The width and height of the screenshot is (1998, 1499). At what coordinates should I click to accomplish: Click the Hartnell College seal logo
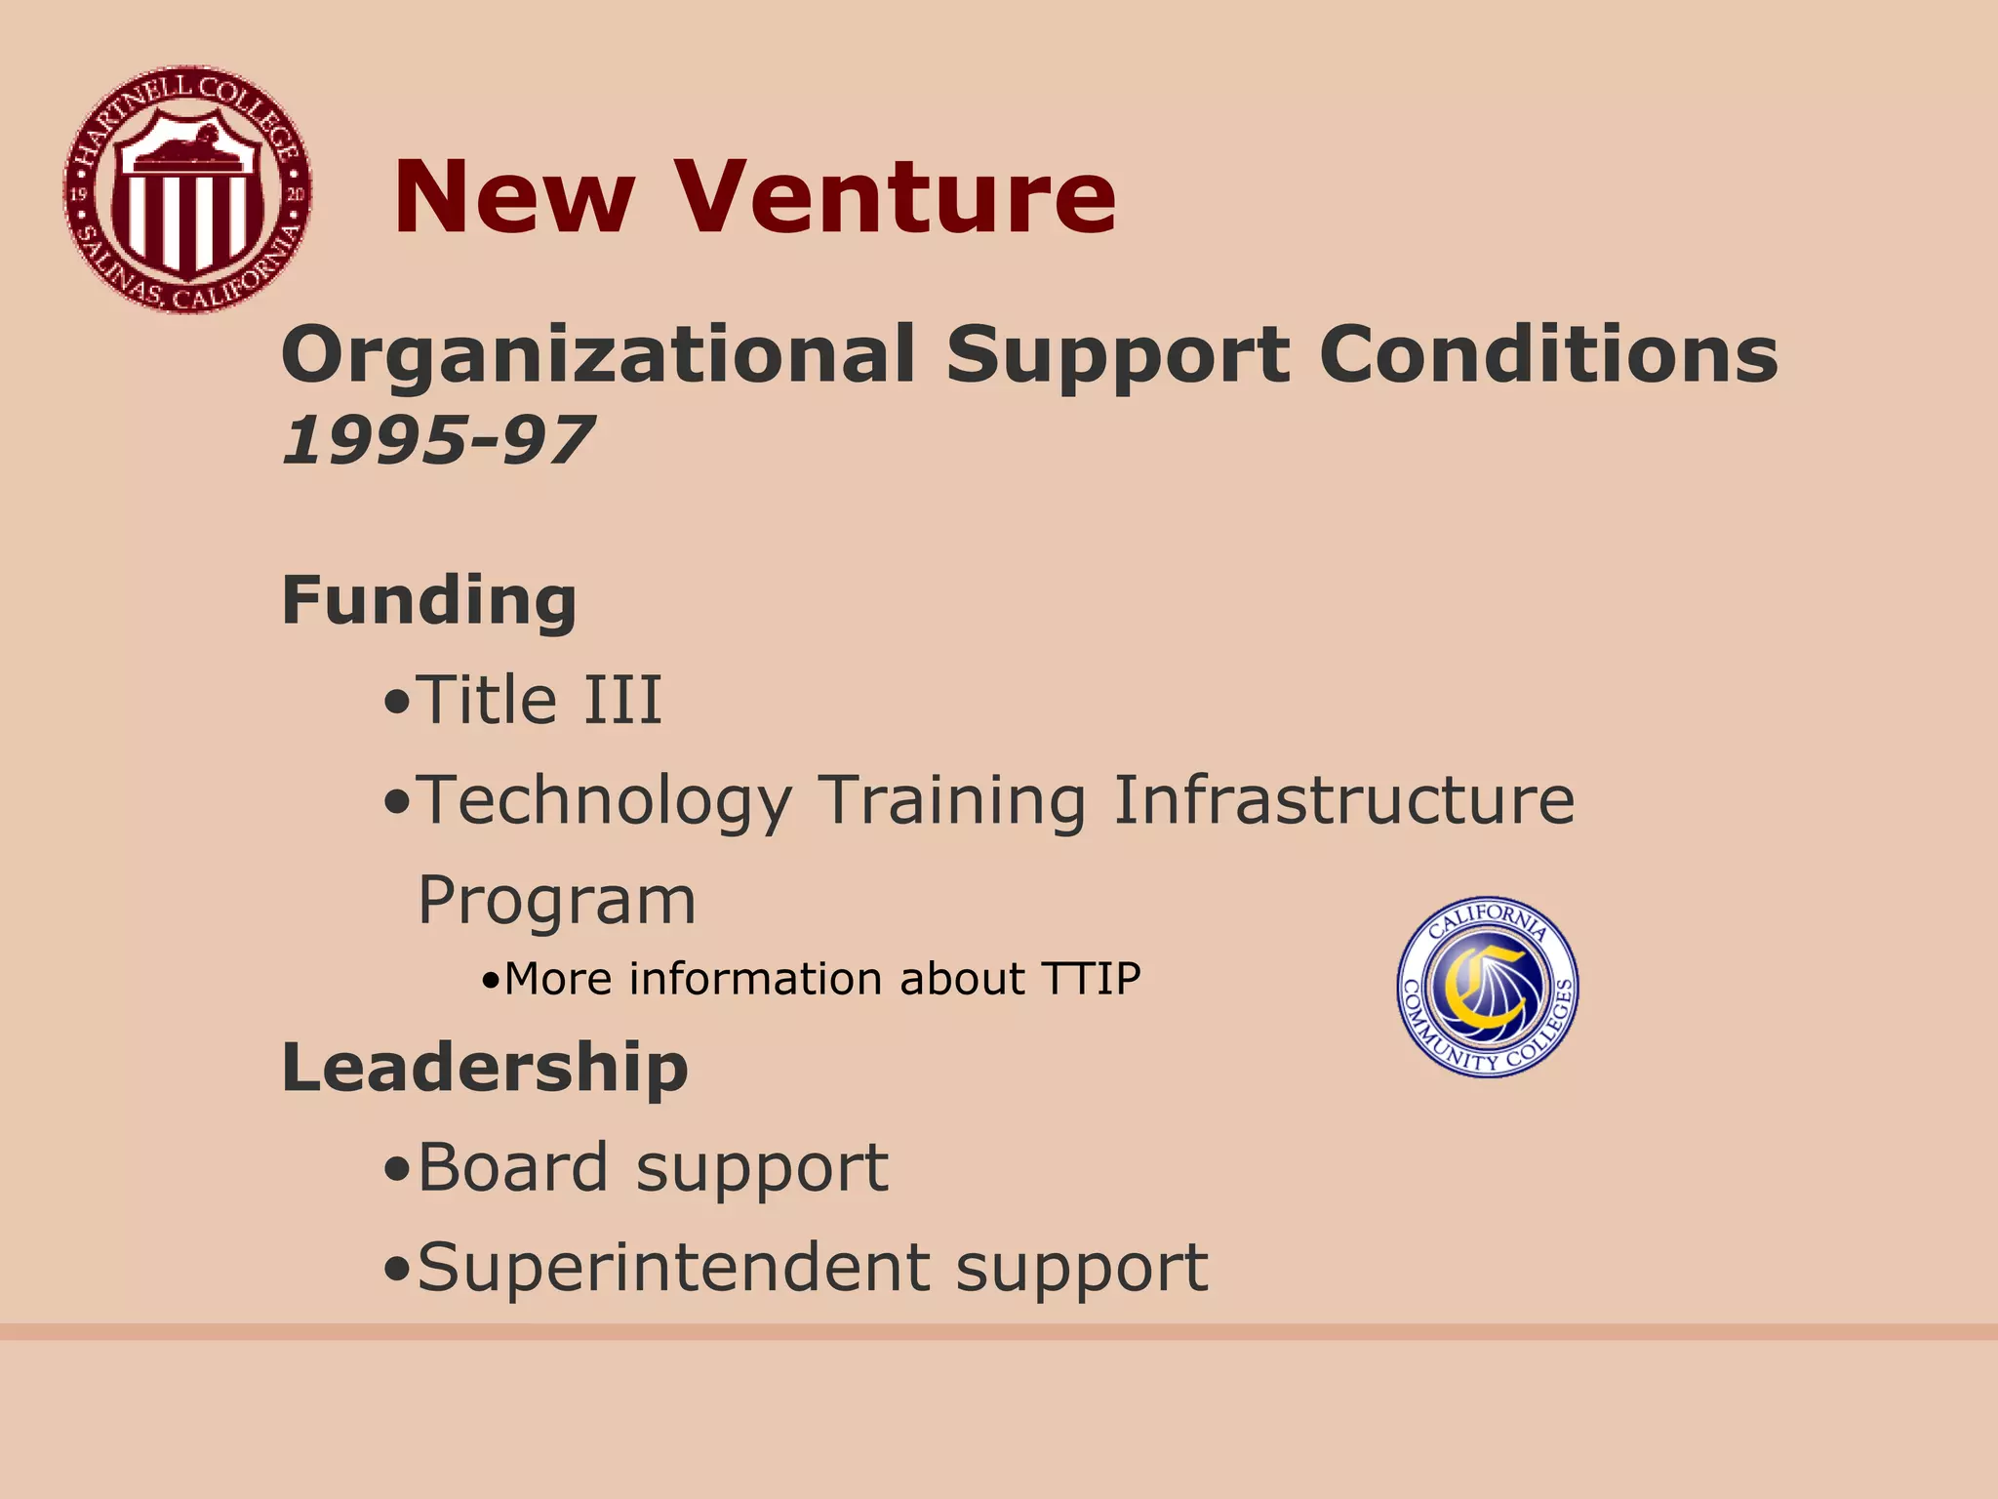pyautogui.click(x=187, y=190)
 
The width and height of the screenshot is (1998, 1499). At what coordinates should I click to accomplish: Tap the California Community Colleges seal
pyautogui.click(x=1488, y=987)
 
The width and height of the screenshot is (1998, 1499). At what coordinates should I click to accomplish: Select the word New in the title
pyautogui.click(x=514, y=197)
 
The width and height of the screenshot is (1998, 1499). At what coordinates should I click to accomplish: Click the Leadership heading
pyautogui.click(x=485, y=1067)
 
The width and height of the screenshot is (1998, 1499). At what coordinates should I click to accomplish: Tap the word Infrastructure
pyautogui.click(x=1343, y=800)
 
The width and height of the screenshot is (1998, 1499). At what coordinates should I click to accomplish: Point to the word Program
pyautogui.click(x=557, y=901)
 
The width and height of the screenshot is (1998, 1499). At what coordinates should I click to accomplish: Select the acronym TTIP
pyautogui.click(x=1091, y=979)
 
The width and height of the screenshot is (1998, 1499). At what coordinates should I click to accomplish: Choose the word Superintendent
pyautogui.click(x=673, y=1268)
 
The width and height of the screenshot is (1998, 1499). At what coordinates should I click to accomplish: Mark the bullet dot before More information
pyautogui.click(x=491, y=982)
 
